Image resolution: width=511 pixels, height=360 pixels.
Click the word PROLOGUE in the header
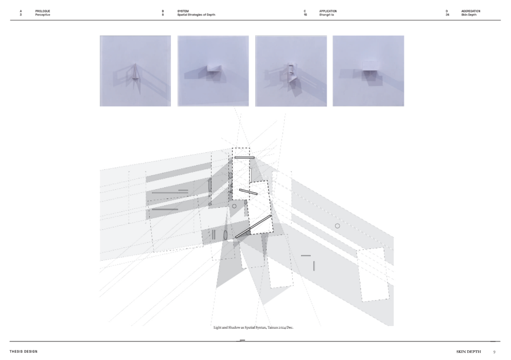tap(43, 11)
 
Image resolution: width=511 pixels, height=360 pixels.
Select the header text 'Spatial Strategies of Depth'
tap(196, 15)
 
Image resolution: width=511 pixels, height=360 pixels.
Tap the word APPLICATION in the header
tap(328, 11)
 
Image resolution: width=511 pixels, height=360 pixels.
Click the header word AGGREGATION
tap(470, 11)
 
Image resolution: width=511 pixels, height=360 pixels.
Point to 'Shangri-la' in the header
tap(327, 15)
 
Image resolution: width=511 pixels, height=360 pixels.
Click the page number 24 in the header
tap(448, 15)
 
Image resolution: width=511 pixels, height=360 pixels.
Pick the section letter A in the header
tap(21, 11)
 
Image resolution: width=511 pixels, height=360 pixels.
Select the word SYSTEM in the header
tap(183, 11)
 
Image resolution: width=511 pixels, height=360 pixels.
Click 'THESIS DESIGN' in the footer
tap(24, 352)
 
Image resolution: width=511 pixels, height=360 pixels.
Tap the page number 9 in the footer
tap(495, 352)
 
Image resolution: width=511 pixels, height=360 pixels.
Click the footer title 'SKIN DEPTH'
tap(468, 352)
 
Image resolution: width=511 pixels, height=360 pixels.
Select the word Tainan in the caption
tap(273, 328)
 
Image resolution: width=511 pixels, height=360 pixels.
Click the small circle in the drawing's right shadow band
tap(337, 226)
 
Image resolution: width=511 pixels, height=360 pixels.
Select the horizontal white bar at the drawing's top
tap(244, 158)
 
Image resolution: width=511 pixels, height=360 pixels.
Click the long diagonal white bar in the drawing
tap(253, 227)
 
